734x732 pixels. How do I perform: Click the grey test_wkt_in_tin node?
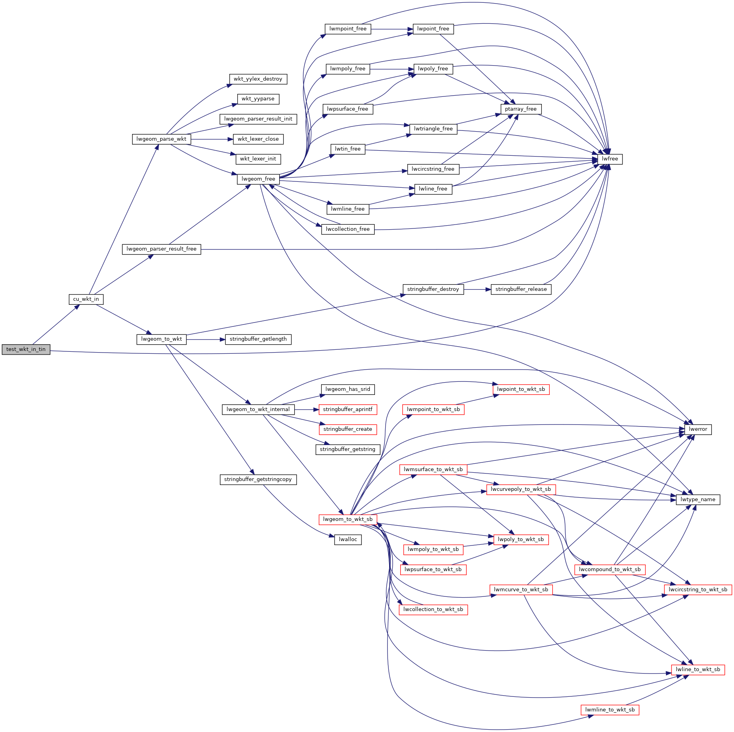pos(26,349)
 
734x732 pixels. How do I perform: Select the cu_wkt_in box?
pos(86,299)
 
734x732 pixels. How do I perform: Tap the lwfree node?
pos(610,159)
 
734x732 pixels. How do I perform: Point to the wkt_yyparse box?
pos(258,99)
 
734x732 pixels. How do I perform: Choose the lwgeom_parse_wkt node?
pos(161,139)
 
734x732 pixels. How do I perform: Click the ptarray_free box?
pos(520,109)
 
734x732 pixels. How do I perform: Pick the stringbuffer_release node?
pos(521,289)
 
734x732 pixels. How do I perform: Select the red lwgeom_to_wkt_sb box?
pos(348,519)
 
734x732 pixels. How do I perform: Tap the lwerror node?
pos(698,429)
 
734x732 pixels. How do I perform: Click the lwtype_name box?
pos(698,500)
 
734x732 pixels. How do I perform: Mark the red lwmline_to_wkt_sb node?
pos(610,710)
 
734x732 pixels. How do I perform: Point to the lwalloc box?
pos(348,540)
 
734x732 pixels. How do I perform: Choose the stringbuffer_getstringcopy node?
pos(258,479)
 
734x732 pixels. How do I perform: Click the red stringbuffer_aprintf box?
pos(348,409)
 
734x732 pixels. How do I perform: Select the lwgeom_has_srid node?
pos(348,389)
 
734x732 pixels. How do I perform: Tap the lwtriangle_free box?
pos(433,129)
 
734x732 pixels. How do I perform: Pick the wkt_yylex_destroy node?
pos(258,79)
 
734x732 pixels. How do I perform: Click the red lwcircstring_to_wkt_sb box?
pos(698,590)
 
